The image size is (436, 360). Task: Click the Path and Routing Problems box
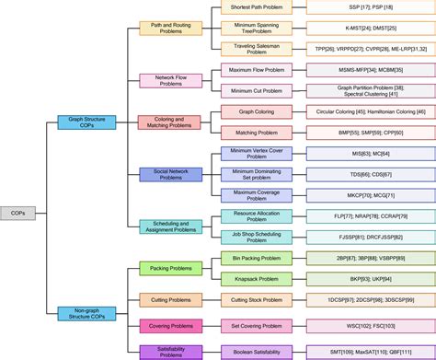pyautogui.click(x=170, y=28)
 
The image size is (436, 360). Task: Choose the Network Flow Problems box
pyautogui.click(x=170, y=80)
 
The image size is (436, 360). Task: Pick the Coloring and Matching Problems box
pyautogui.click(x=170, y=122)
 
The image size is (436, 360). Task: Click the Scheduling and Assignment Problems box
pyautogui.click(x=170, y=226)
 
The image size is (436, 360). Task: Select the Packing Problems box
pyautogui.click(x=170, y=268)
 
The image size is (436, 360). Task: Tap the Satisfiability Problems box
pyautogui.click(x=170, y=350)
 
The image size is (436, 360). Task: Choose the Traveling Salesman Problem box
pyautogui.click(x=257, y=49)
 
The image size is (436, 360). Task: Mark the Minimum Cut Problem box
pyautogui.click(x=257, y=90)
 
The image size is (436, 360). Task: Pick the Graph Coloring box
pyautogui.click(x=257, y=111)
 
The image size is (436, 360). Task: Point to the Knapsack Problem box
pyautogui.click(x=257, y=278)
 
